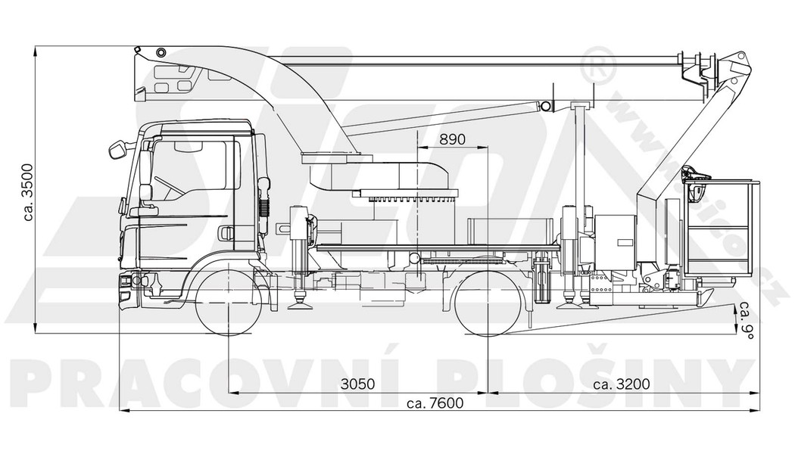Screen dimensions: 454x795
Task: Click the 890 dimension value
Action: coord(453,140)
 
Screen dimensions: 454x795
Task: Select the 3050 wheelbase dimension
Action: coord(358,384)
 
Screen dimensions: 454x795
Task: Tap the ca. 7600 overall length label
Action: coord(435,403)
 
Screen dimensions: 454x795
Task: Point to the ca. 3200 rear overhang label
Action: coord(621,384)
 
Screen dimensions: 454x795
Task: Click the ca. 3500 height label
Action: coord(28,191)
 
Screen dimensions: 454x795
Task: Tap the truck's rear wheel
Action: coord(488,301)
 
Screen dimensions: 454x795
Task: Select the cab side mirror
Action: coord(117,150)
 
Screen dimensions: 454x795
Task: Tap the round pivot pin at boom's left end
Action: coord(161,52)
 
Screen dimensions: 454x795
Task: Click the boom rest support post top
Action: coord(581,104)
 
